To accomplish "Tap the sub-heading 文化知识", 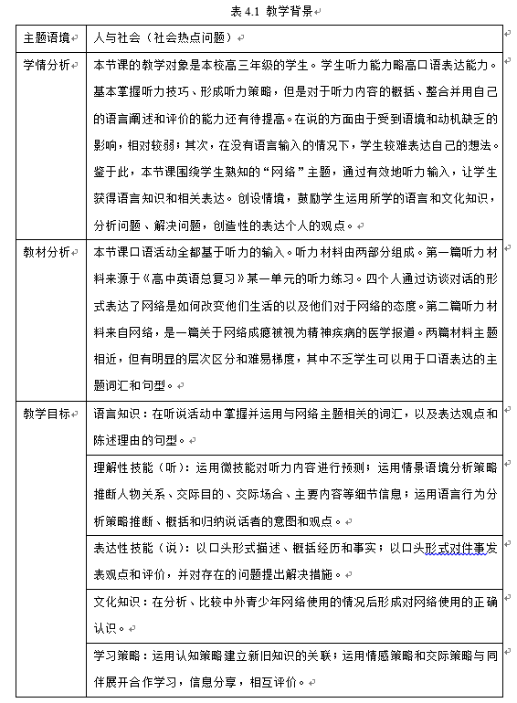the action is point(121,602).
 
